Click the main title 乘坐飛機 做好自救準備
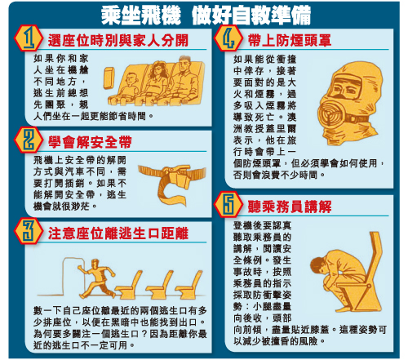click(206, 16)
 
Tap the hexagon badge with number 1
click(29, 38)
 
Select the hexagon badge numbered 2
click(29, 140)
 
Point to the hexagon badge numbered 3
click(29, 231)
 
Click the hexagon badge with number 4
click(228, 38)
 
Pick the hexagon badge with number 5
click(228, 205)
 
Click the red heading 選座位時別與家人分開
click(118, 41)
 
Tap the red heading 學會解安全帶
click(90, 142)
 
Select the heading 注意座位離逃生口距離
click(118, 233)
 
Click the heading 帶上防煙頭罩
click(290, 41)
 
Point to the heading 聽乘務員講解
click(290, 207)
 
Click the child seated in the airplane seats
click(131, 87)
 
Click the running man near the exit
click(97, 278)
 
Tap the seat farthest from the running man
click(189, 284)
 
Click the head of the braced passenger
click(319, 265)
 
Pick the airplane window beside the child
click(109, 78)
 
